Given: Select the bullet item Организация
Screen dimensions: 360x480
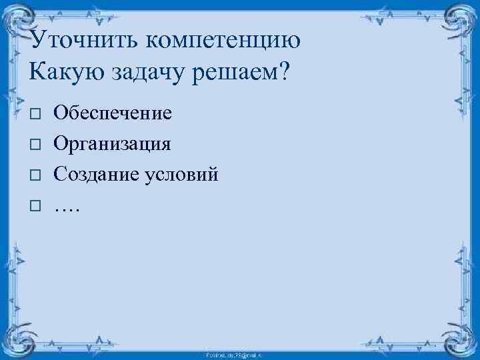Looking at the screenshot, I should [x=113, y=143].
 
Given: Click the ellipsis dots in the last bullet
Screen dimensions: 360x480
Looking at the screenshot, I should [x=67, y=208].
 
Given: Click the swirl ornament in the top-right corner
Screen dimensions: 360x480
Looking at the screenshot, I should [x=458, y=21].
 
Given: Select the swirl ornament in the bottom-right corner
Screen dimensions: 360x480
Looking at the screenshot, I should [x=458, y=338].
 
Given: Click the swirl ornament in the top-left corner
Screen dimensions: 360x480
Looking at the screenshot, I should [x=21, y=21].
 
